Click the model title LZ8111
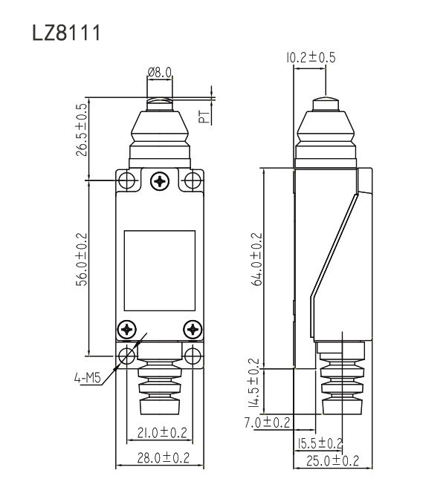[x=66, y=33]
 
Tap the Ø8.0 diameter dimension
[x=160, y=73]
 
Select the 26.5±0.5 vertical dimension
[x=82, y=130]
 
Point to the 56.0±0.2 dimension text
[x=82, y=259]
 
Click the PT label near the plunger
[x=204, y=117]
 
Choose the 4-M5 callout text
[x=88, y=378]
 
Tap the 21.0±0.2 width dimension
[x=162, y=432]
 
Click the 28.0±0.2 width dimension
[x=163, y=457]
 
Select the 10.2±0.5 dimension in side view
[x=311, y=58]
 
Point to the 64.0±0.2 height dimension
[x=256, y=259]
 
